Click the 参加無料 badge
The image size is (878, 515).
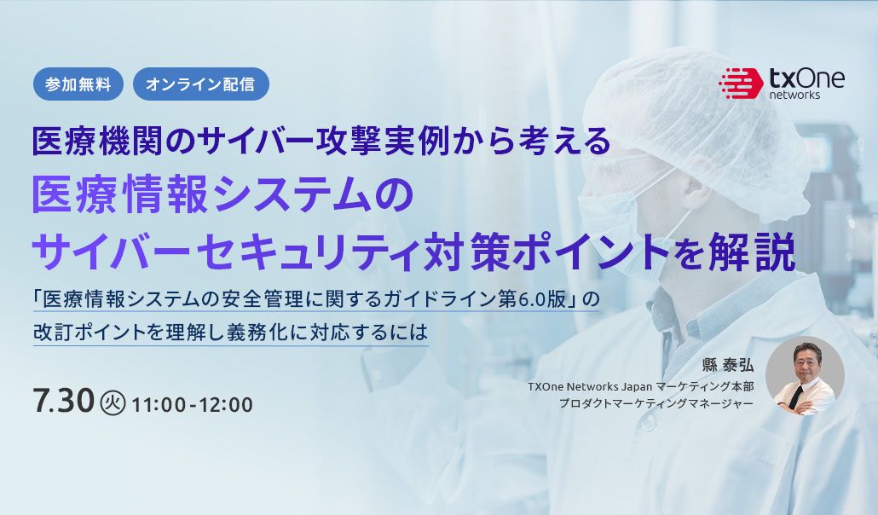[x=78, y=84]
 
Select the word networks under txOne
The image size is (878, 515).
[x=794, y=95]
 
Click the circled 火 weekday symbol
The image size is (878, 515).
[x=113, y=402]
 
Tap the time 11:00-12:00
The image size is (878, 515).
[x=193, y=404]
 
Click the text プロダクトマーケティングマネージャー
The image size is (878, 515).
[x=656, y=403]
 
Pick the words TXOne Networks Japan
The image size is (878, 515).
[x=581, y=386]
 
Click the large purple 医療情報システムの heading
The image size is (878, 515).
[x=222, y=197]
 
